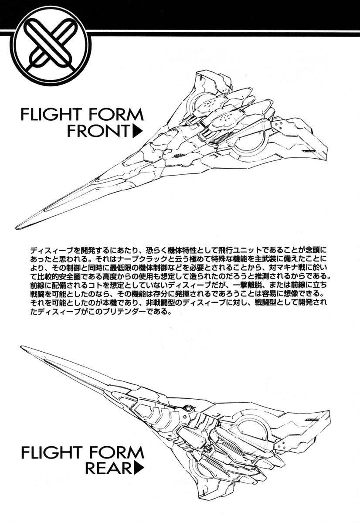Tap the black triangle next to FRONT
click(138, 132)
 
